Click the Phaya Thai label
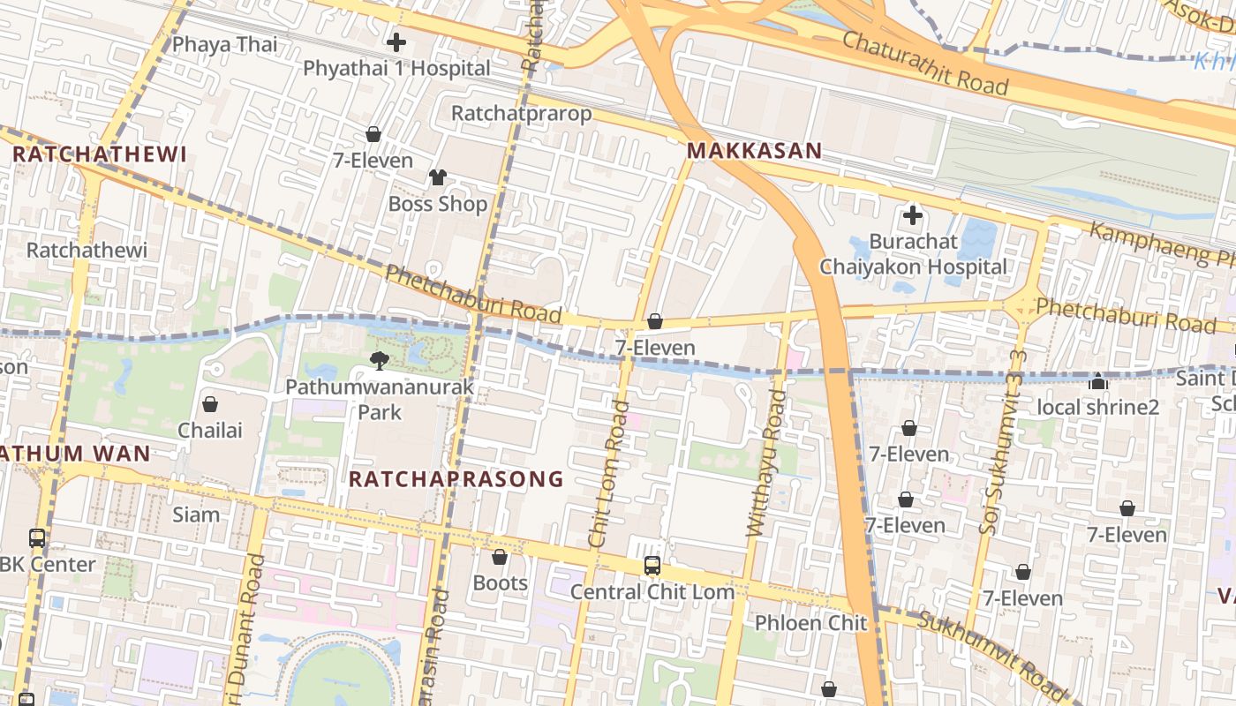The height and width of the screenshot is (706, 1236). coord(224,44)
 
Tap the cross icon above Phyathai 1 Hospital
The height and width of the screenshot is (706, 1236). coord(396,41)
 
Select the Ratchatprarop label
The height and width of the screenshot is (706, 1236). coord(521,114)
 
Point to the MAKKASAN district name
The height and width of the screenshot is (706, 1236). coord(754,151)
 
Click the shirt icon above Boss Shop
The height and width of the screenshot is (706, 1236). coord(438,177)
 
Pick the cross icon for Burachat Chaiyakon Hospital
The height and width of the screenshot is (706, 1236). coord(913,214)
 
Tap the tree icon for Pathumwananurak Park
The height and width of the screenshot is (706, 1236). coord(380,360)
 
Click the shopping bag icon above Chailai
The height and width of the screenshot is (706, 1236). coord(210,404)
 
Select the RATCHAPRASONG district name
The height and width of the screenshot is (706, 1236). coord(456,479)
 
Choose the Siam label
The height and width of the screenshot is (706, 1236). coord(196,514)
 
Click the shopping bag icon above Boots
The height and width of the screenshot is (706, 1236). coord(500,557)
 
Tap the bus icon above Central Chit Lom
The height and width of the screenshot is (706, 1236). coord(652,566)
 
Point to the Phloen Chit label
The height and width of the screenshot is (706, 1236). coord(810,623)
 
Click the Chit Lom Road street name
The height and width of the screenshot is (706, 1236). coord(610,474)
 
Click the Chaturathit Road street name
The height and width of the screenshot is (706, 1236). coord(924,63)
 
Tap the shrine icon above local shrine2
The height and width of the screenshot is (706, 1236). coord(1097,381)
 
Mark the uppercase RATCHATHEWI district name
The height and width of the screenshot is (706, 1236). coord(100,154)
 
